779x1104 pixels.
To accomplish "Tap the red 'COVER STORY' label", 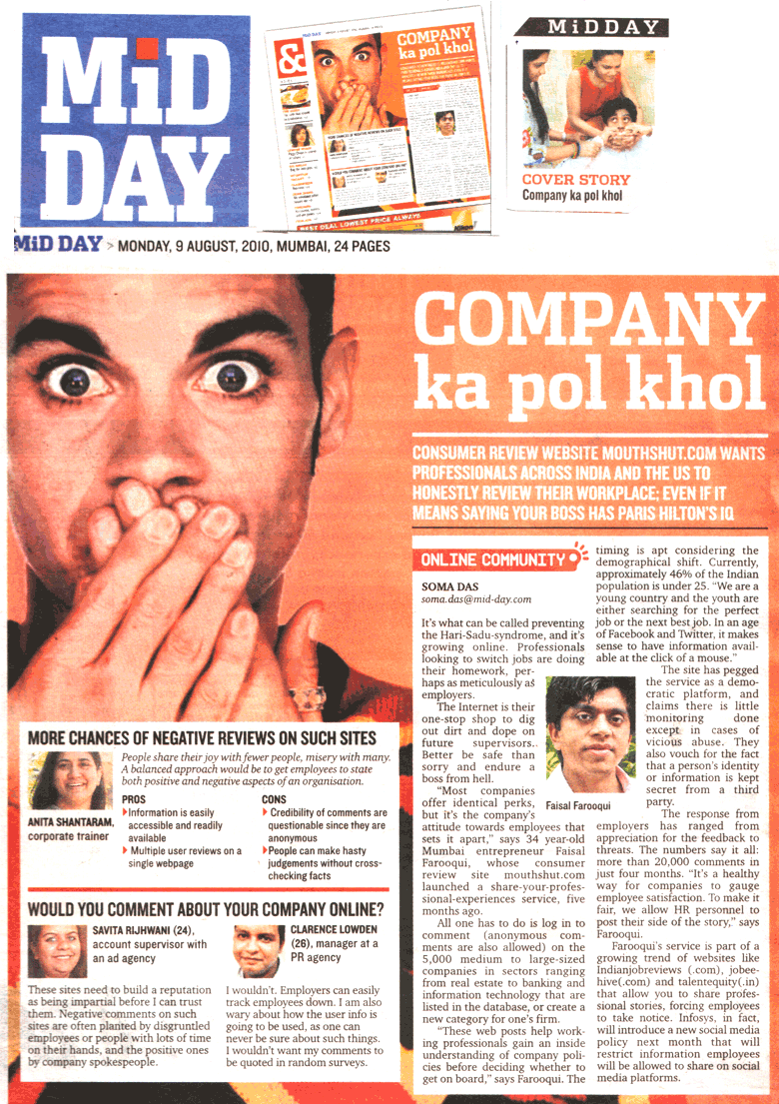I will tap(576, 180).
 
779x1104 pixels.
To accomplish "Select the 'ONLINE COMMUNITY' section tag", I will tap(492, 560).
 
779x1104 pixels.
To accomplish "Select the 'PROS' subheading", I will tap(133, 800).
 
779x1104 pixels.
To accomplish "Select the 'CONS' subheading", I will tap(274, 800).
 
